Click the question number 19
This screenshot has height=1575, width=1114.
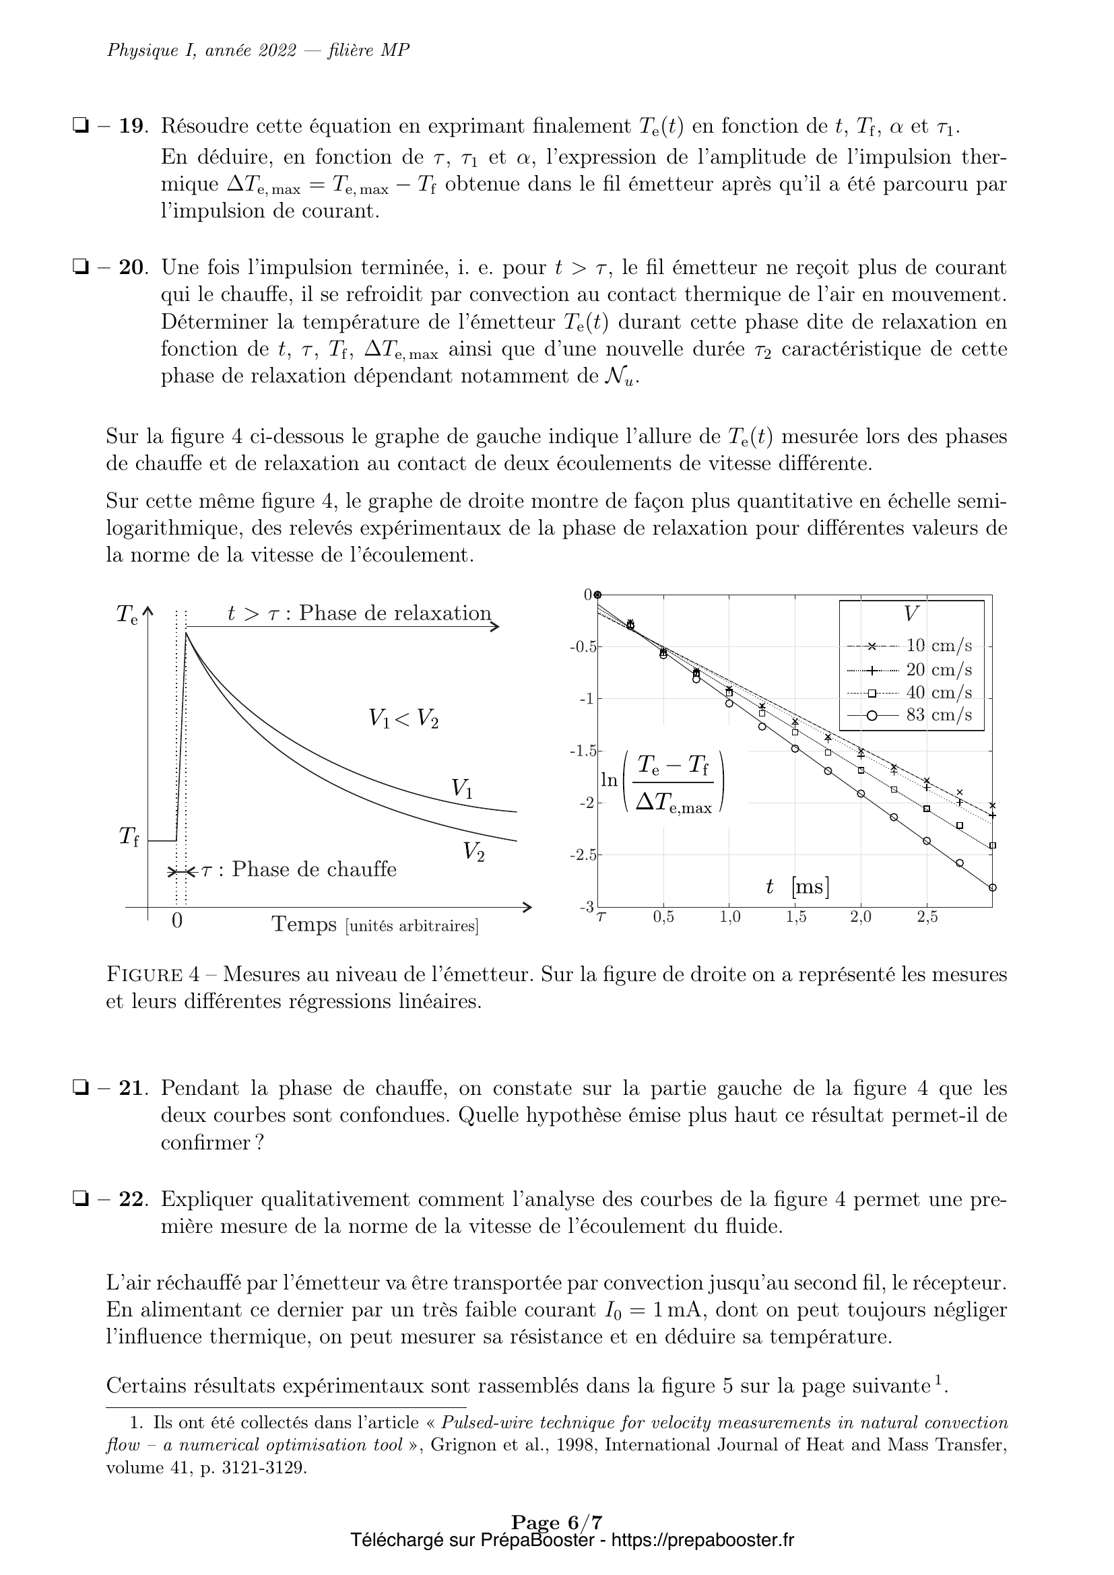click(133, 127)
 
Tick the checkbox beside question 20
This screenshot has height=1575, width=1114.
click(80, 267)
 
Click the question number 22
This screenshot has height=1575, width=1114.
click(133, 1200)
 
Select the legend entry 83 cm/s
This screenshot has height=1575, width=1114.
click(939, 715)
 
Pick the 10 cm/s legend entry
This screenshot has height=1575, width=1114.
click(939, 646)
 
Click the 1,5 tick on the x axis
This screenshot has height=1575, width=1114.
click(795, 918)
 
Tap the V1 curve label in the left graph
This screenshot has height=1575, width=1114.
click(461, 789)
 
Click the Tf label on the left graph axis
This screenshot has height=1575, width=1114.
click(129, 836)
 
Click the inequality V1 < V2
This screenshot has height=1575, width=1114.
click(403, 718)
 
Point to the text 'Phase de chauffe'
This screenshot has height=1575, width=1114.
click(314, 869)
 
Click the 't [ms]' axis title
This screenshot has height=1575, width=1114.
click(797, 887)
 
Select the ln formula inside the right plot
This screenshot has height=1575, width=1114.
click(663, 782)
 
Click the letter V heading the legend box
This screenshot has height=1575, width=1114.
click(911, 614)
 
